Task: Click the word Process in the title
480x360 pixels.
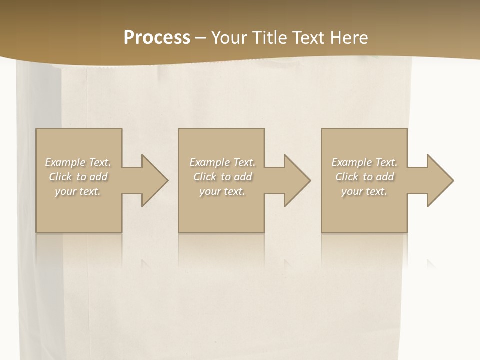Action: click(x=157, y=38)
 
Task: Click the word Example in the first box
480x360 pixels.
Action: click(x=65, y=162)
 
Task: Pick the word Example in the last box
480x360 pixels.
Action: click(x=351, y=162)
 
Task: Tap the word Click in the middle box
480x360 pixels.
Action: click(x=205, y=177)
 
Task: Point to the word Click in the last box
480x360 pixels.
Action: click(x=347, y=177)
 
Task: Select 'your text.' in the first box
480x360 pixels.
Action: click(x=78, y=191)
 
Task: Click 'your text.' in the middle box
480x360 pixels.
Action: click(x=222, y=191)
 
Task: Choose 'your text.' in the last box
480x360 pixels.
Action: click(x=364, y=191)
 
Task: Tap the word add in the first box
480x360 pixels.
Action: click(x=98, y=177)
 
